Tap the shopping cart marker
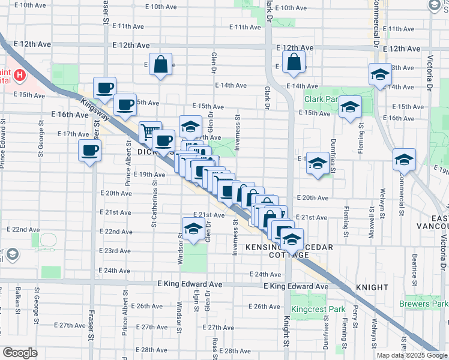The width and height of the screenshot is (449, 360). pos(149,131)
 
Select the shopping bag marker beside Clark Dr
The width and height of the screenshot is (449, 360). pos(294,62)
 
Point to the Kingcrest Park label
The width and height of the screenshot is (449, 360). pos(318,309)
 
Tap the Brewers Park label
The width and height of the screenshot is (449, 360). pos(426,304)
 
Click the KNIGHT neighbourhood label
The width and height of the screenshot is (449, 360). pos(372,287)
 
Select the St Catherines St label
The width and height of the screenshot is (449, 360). pos(154,208)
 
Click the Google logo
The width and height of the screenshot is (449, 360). pos(20,353)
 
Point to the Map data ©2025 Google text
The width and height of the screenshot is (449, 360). pos(411,355)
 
